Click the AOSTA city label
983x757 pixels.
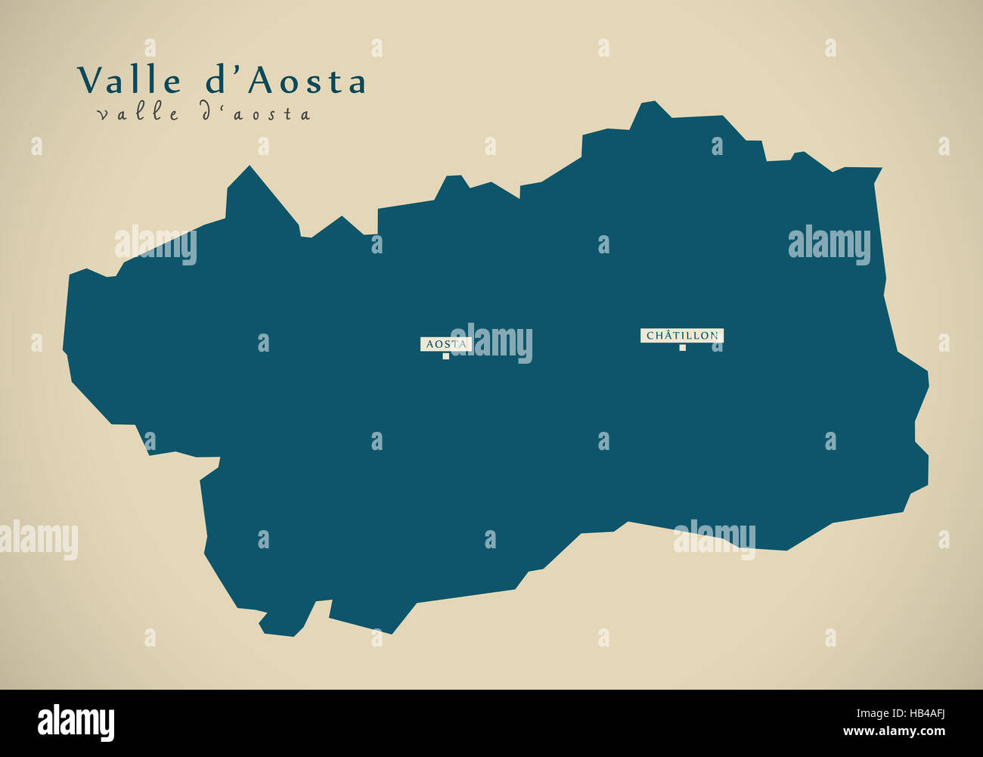coord(446,344)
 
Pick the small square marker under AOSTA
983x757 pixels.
coord(446,356)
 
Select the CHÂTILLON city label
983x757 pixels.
coord(682,335)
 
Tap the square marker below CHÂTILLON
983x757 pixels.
coord(682,348)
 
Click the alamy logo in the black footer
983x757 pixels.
coord(76,723)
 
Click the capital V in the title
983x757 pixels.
coord(90,81)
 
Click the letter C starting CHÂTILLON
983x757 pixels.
coord(650,336)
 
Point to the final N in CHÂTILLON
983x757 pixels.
coord(714,336)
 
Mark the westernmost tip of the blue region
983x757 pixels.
coord(64,351)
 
